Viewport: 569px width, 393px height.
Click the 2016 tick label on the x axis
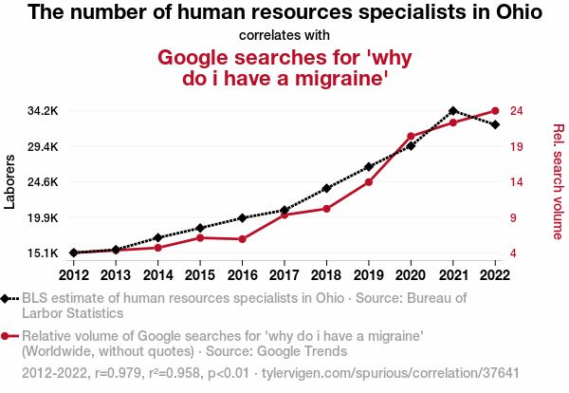click(242, 275)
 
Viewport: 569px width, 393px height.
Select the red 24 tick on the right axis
click(518, 111)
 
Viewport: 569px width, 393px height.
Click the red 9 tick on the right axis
click(514, 217)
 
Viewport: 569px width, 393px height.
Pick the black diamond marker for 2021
click(453, 111)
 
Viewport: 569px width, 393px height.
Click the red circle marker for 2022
click(495, 111)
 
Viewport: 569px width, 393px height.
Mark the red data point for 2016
click(242, 239)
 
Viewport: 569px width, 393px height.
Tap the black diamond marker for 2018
click(326, 188)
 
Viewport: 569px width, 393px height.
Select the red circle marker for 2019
click(369, 181)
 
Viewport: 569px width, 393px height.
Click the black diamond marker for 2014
click(157, 237)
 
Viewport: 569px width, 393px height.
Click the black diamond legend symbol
click(9, 298)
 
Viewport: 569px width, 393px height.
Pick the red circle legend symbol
click(9, 336)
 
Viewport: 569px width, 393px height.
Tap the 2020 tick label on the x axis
click(411, 275)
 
